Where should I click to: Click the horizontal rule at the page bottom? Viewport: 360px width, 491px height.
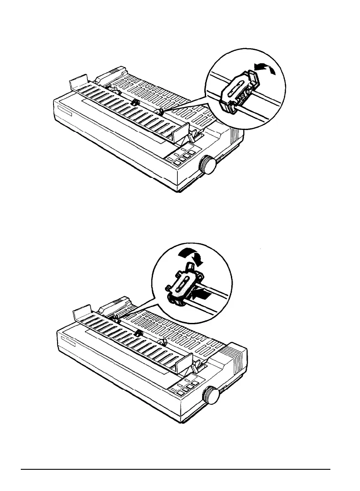pyautogui.click(x=177, y=469)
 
